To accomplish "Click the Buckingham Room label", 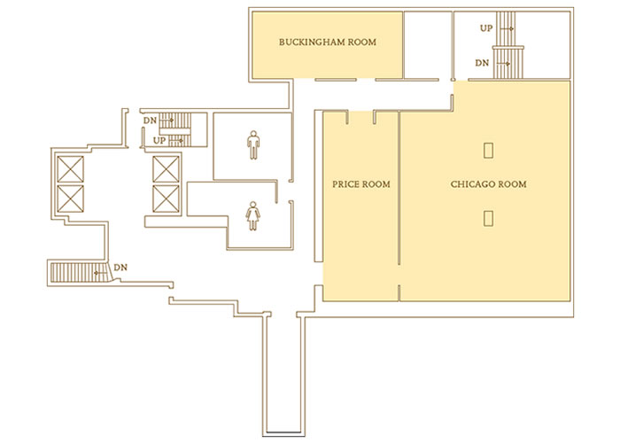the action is (x=328, y=42).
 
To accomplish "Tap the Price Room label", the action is (x=361, y=184).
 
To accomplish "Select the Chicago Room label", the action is (x=488, y=184).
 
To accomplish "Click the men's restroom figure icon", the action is (x=253, y=144).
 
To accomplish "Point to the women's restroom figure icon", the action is (x=253, y=216).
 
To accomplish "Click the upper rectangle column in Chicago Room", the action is (x=488, y=151).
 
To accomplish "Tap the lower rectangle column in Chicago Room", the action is (x=488, y=218).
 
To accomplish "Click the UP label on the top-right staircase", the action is (x=486, y=28).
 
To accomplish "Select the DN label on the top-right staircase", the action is (x=482, y=63).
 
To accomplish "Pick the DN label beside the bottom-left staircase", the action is (x=120, y=268).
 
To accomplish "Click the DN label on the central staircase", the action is (x=150, y=120).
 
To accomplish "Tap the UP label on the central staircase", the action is (x=159, y=140).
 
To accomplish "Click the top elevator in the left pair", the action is (x=70, y=169).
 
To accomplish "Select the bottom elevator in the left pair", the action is (x=70, y=198).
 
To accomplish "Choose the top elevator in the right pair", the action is (x=167, y=169).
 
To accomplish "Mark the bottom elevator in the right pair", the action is (x=167, y=198).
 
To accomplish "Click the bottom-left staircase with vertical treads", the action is (x=79, y=273).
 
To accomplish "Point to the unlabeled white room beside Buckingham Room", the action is (x=428, y=44).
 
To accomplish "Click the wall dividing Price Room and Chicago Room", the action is (x=399, y=188).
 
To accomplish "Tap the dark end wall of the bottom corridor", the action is (x=284, y=432).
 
